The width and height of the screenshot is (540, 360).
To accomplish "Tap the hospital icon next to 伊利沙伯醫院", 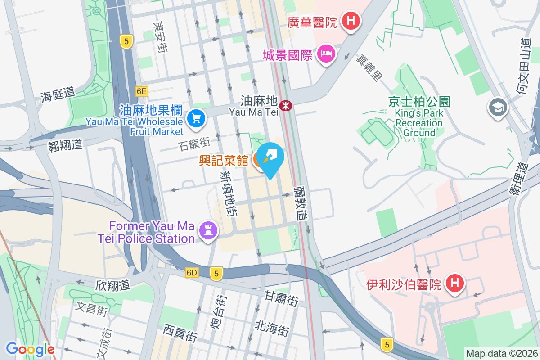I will tap(454, 283).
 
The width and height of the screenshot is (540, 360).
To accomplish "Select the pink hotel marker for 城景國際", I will tap(326, 54).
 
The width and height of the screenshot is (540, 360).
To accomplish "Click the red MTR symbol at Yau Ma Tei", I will tap(285, 105).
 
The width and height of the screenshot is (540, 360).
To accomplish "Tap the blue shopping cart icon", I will tap(197, 119).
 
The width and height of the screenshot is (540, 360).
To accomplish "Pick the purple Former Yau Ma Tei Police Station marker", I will tap(208, 230).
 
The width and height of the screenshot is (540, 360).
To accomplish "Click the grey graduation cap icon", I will tap(498, 108).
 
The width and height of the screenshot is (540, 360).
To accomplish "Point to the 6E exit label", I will tap(142, 91).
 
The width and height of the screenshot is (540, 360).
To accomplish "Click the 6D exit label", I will tap(192, 273).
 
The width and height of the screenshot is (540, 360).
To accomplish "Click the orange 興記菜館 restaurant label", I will tap(224, 160).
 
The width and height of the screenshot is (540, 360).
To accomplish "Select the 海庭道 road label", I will tap(58, 94).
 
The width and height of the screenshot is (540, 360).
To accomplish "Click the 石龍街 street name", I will tap(194, 144).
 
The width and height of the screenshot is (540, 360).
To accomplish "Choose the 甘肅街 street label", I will tap(282, 298).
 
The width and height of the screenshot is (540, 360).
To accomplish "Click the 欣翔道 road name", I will tap(112, 285).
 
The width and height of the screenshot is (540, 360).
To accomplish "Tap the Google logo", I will tap(30, 349).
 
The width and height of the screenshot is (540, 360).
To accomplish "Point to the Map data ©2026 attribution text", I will tap(501, 354).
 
